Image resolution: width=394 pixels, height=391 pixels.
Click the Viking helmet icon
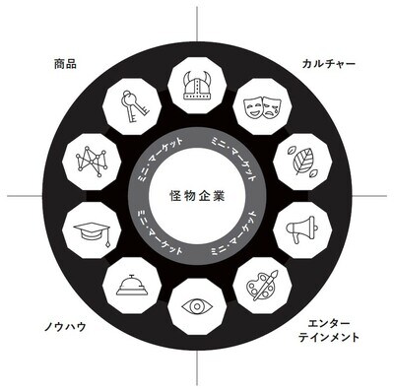[198, 85]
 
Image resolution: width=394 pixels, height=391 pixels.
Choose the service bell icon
[133, 286]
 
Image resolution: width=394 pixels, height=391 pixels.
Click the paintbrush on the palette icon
[271, 277]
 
